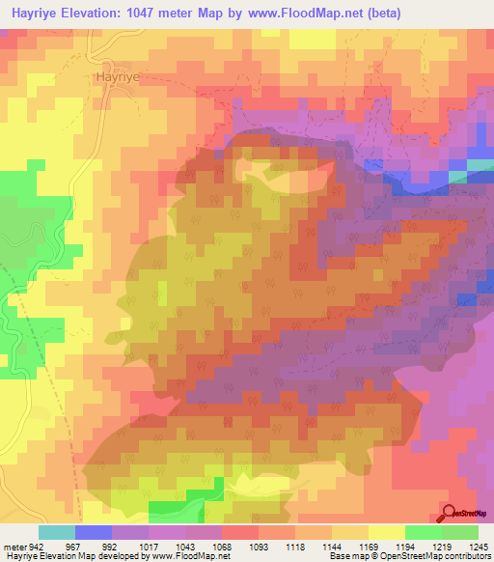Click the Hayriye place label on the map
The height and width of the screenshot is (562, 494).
click(119, 74)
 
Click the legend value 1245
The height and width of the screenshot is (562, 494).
click(480, 545)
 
